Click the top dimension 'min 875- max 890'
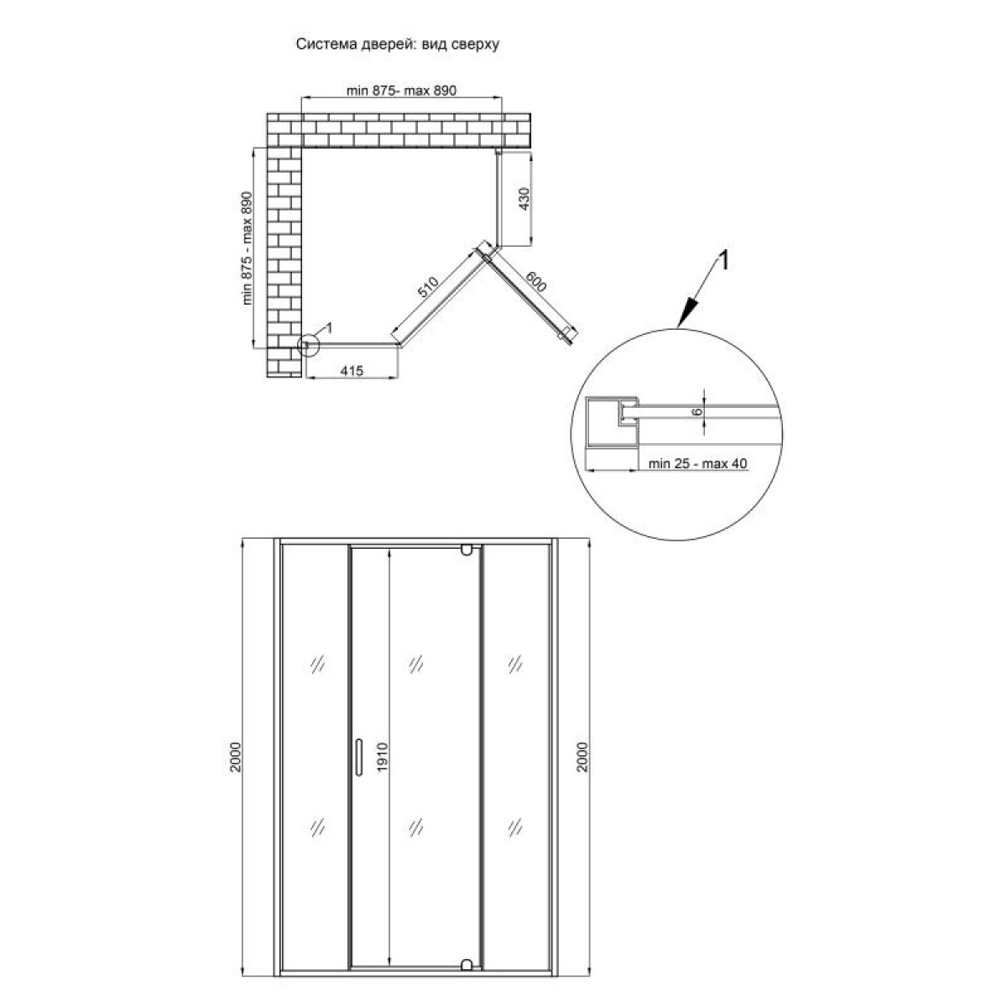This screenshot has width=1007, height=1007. tap(401, 91)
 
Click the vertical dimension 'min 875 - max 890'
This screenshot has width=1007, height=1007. tap(247, 248)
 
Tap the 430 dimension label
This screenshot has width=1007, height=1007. tap(524, 198)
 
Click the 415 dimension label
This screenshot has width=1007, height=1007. tap(352, 371)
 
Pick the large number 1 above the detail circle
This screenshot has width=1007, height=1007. tap(723, 260)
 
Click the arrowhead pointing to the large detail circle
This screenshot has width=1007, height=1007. tap(686, 312)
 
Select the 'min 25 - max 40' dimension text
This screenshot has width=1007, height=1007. tap(697, 463)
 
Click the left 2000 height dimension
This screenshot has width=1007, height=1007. tap(236, 756)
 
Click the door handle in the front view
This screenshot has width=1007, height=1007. tap(358, 756)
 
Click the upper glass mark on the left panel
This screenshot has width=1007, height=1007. tap(317, 664)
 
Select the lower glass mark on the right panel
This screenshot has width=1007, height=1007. tap(514, 827)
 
